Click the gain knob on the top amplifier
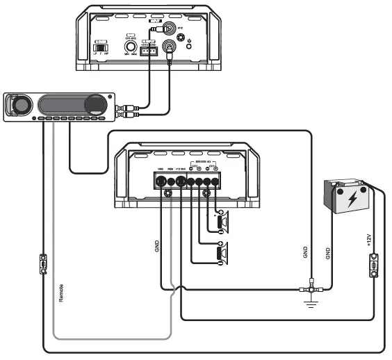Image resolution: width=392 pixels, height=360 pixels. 130,47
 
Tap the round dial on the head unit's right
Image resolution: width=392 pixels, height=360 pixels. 92,106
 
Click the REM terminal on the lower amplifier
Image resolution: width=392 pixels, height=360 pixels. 170,181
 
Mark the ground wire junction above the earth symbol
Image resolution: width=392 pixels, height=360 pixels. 309,287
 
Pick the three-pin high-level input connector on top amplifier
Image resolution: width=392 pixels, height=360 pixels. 149,51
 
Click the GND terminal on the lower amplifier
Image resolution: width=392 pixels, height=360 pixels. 160,181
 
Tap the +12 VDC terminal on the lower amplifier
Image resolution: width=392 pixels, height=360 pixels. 181,181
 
